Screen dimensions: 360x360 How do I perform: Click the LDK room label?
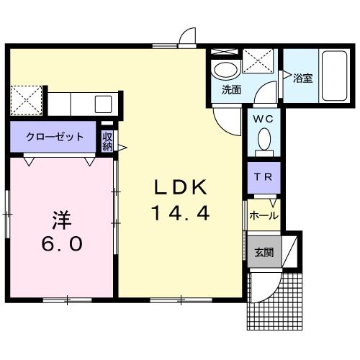[x=180, y=187]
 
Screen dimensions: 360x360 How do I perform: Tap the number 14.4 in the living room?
[x=180, y=213]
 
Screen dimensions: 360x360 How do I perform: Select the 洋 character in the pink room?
[x=60, y=217]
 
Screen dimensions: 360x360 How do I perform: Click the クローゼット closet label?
[x=55, y=137]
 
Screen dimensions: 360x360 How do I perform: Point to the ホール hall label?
[x=263, y=215]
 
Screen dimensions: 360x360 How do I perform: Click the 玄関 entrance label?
[x=264, y=252]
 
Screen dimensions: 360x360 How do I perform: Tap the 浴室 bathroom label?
[x=302, y=78]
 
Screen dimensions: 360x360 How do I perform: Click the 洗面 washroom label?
[x=230, y=90]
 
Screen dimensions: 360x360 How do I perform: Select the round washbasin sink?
[x=225, y=71]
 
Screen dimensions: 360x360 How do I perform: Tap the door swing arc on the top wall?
[x=188, y=37]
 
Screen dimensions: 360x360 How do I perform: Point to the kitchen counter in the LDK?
[x=81, y=102]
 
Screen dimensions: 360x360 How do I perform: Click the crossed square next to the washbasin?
[x=256, y=61]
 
